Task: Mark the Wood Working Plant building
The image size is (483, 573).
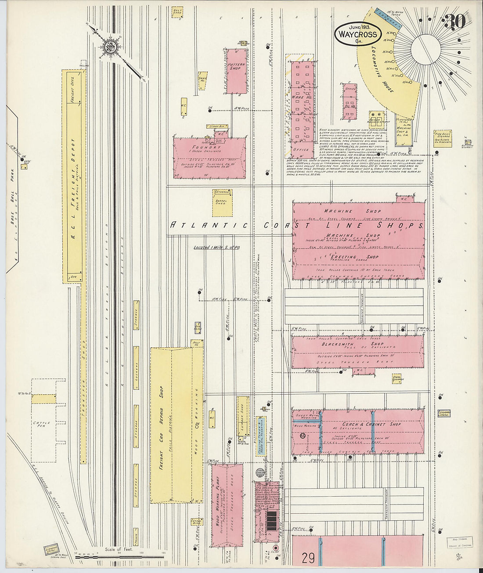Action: (227, 505)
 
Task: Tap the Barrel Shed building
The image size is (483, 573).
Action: (222, 203)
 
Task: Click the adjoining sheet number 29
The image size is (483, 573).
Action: (309, 558)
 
